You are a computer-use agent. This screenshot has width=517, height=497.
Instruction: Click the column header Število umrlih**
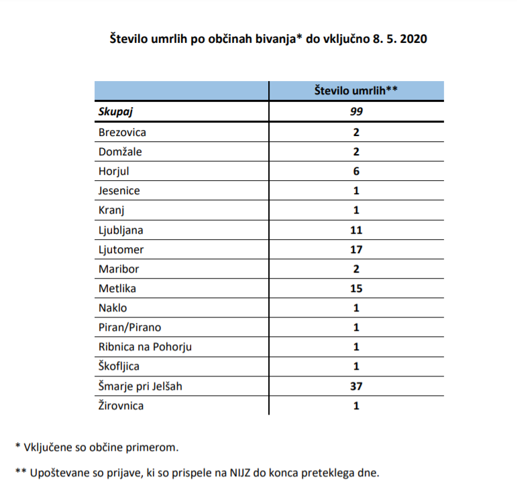point(356,91)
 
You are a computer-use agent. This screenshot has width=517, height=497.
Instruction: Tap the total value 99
point(356,112)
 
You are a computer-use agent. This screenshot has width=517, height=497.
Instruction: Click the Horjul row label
point(113,171)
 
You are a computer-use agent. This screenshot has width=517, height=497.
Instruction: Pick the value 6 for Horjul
point(356,171)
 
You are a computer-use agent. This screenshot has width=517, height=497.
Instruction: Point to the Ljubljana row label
point(121,230)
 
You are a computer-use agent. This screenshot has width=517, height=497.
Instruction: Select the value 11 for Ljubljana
point(356,230)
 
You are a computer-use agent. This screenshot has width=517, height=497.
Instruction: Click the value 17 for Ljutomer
point(356,249)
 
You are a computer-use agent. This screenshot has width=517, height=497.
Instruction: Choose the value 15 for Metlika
point(356,288)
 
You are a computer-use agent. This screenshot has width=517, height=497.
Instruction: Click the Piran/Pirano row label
point(129,328)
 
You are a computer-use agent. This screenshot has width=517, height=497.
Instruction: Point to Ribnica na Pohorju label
point(146,347)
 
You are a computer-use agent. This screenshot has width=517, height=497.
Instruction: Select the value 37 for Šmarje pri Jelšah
point(356,386)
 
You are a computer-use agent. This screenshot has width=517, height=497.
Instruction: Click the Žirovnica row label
point(121,405)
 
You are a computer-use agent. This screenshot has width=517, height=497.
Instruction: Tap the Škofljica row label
point(121,366)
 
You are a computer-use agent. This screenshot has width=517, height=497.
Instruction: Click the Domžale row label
point(120,151)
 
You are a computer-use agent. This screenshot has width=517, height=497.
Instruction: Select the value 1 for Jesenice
point(356,190)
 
